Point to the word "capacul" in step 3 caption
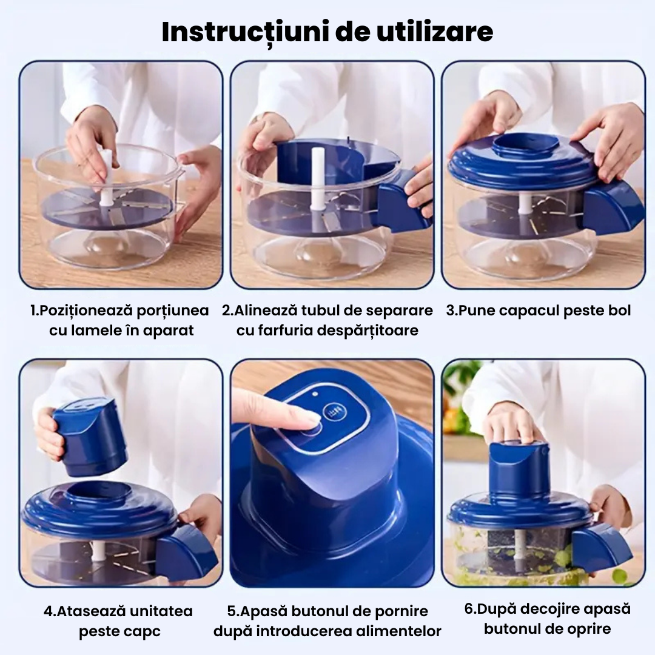tap(531, 311)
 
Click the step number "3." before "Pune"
tap(452, 311)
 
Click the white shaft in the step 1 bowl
tap(107, 176)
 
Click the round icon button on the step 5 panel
tap(332, 412)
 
